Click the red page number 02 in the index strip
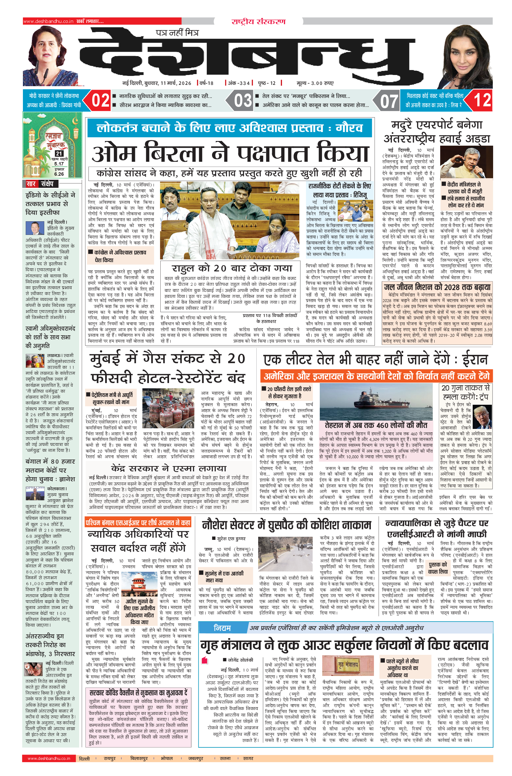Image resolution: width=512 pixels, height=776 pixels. (100, 100)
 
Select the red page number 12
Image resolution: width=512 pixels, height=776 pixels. (482, 100)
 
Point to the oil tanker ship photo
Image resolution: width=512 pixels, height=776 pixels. (379, 401)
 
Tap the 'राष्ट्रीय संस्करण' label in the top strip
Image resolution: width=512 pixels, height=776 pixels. (258, 22)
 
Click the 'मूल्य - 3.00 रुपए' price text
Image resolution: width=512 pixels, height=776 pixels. (315, 83)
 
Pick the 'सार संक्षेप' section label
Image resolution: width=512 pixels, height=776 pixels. (40, 184)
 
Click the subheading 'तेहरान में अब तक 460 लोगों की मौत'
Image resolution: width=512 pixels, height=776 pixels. (376, 425)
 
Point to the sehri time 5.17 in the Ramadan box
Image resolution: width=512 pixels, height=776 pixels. (59, 164)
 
